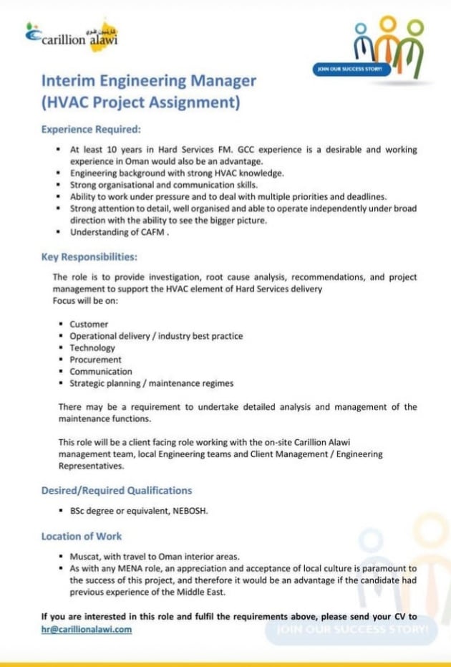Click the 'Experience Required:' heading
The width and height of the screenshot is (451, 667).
click(91, 130)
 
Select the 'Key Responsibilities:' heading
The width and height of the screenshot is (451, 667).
click(89, 256)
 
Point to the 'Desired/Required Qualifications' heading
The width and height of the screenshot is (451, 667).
click(117, 491)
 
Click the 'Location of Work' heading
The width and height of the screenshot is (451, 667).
click(82, 536)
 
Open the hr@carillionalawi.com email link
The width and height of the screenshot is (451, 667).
click(87, 629)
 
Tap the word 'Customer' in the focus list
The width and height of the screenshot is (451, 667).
click(88, 325)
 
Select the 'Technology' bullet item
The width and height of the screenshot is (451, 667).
click(92, 348)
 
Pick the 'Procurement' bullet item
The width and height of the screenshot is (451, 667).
click(95, 360)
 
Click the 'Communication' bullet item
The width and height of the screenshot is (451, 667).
click(101, 372)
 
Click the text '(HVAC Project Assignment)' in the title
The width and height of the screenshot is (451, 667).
click(140, 102)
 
